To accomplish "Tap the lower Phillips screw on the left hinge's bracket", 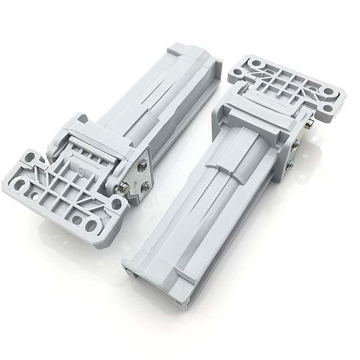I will point(145,186).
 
